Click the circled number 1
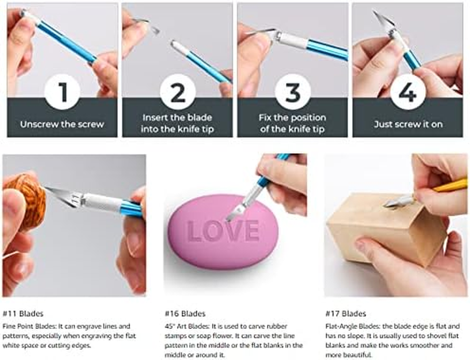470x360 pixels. coord(62,92)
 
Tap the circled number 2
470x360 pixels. coord(178,92)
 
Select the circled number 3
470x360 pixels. coord(293,92)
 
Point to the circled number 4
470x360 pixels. coord(408,92)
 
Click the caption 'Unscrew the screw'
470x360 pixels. coord(62,124)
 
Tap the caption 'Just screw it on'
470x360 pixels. coord(408,124)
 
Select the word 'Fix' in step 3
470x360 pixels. coord(265,117)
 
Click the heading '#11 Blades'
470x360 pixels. coord(23,314)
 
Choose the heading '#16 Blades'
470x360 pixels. coord(185,314)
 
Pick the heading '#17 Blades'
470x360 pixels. coord(346,314)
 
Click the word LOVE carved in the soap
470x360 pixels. coord(223,230)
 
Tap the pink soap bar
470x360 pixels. coord(223,232)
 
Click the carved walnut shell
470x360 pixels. coord(25,201)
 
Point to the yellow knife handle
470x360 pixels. coord(450,185)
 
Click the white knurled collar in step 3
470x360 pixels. coord(292,40)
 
